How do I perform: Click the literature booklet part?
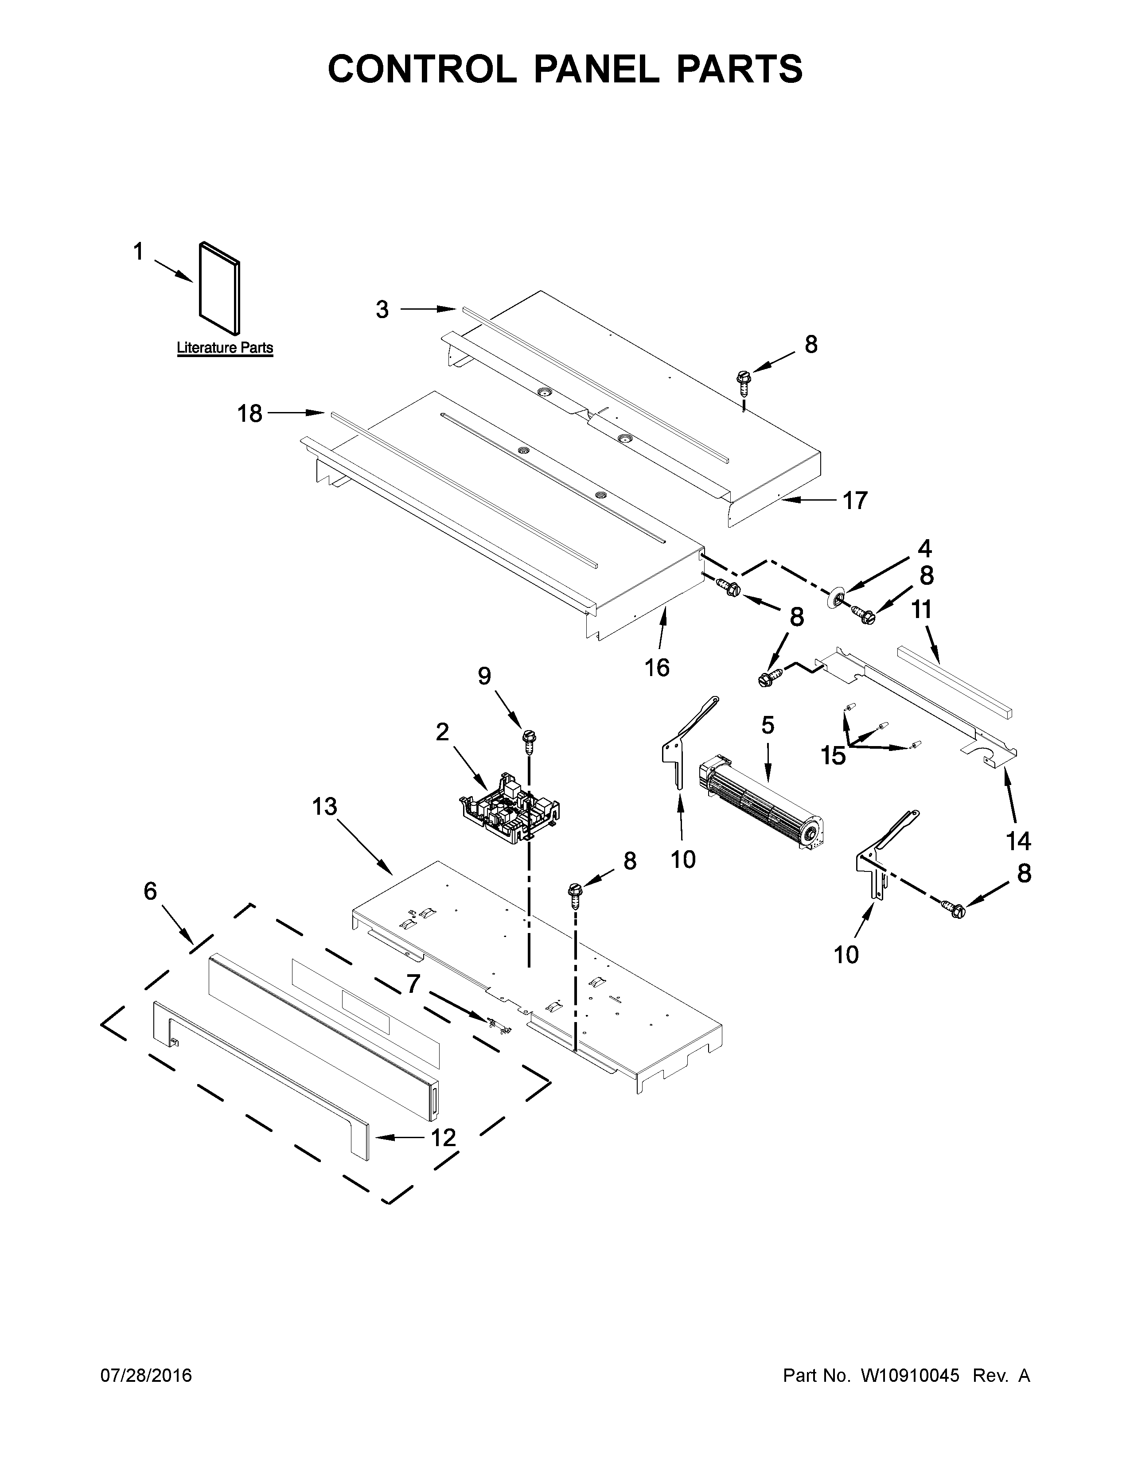click(219, 288)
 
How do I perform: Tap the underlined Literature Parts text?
click(225, 348)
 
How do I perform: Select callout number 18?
click(249, 414)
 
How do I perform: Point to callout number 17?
click(855, 500)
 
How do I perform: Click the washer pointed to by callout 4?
click(834, 598)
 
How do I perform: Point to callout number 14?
click(1019, 841)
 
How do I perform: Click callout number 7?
click(413, 984)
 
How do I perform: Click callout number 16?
click(657, 667)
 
